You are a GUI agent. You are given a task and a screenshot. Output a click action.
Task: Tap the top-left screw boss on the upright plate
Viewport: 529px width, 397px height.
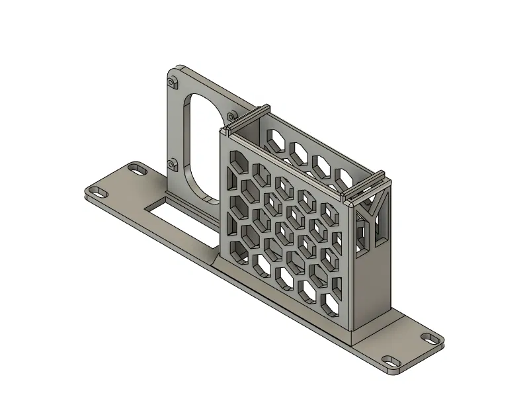click(173, 83)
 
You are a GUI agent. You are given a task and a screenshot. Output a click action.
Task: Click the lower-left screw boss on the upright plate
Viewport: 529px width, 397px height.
click(173, 163)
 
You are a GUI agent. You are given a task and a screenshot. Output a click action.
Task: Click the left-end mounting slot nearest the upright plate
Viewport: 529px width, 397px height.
click(138, 169)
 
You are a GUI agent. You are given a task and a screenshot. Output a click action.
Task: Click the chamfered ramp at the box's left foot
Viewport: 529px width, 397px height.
click(218, 261)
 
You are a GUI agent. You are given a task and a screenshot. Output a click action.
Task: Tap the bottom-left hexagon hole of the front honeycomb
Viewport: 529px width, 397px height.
click(234, 247)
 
